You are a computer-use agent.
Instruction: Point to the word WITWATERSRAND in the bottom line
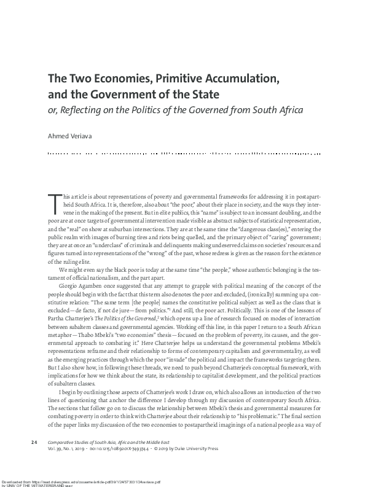42,485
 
